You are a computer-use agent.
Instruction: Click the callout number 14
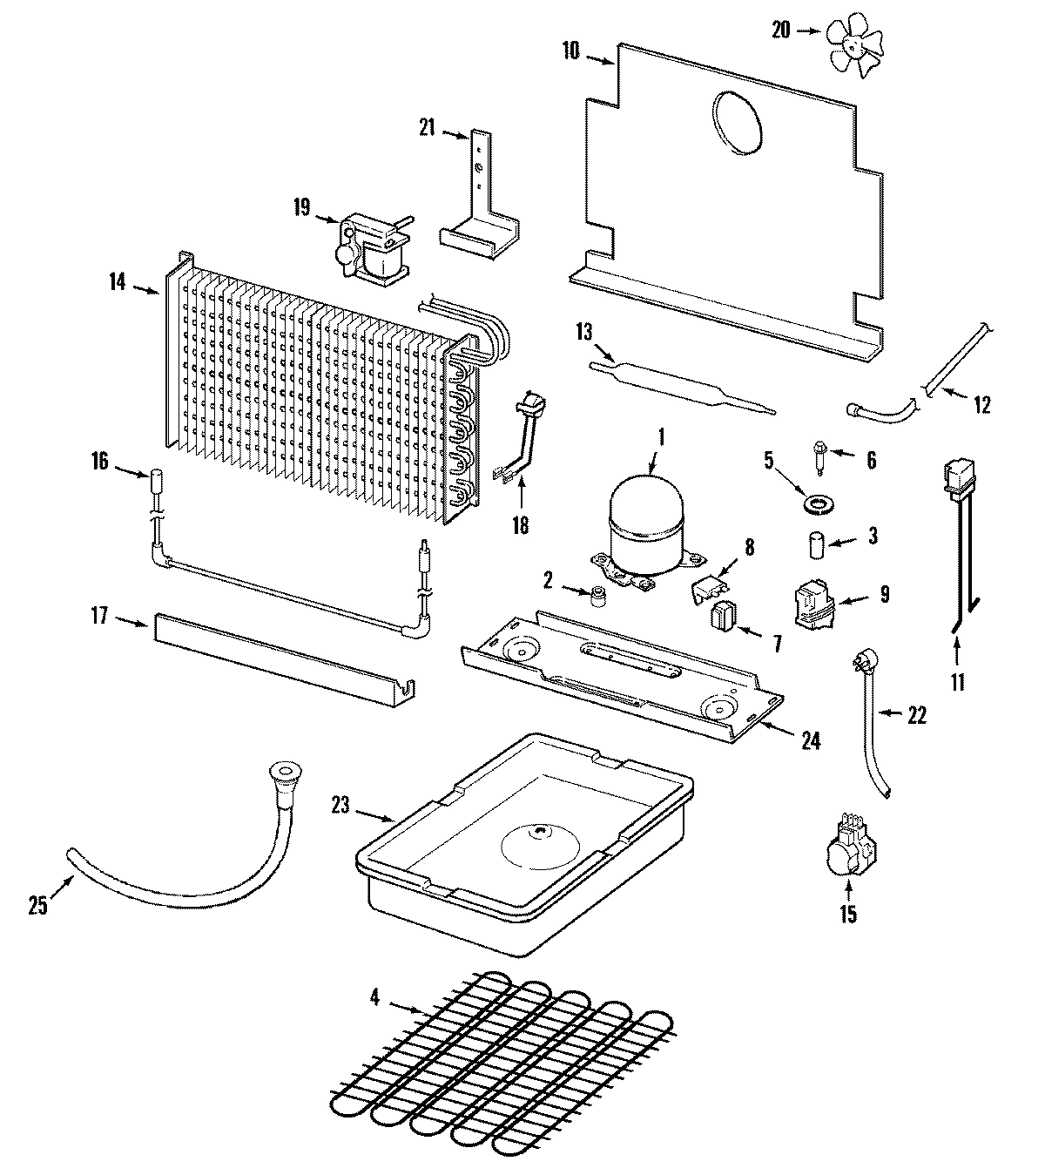coord(118,281)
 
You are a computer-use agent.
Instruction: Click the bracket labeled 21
coord(479,200)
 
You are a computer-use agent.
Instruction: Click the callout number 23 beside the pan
coord(340,805)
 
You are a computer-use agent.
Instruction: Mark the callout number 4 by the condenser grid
coord(374,998)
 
